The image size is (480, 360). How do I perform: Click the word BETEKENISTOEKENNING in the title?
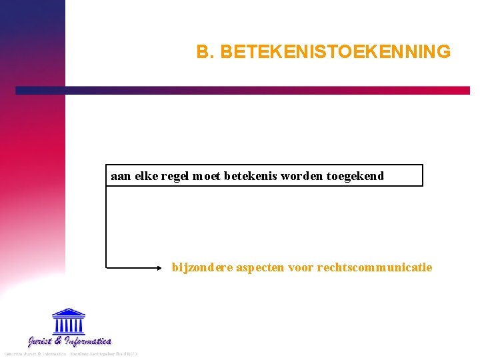click(335, 51)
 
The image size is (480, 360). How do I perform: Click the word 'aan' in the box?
click(121, 176)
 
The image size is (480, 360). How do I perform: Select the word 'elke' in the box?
click(147, 176)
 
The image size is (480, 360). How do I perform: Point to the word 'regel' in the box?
click(175, 176)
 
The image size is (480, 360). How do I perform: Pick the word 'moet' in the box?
click(207, 176)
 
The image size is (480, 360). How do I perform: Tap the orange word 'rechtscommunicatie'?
click(375, 267)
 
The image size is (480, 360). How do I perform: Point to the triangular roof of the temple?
click(68, 312)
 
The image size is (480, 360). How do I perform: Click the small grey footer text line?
click(70, 353)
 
